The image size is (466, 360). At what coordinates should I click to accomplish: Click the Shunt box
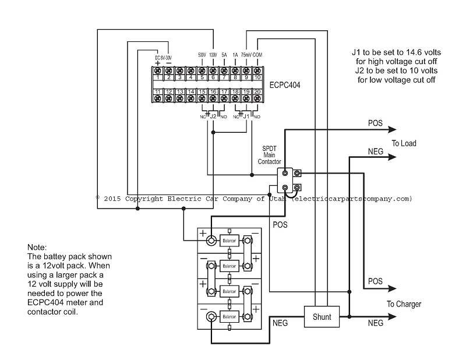pyautogui.click(x=321, y=317)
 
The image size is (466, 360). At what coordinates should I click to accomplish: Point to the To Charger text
pyautogui.click(x=404, y=304)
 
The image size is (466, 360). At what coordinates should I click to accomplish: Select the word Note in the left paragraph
pyautogui.click(x=37, y=248)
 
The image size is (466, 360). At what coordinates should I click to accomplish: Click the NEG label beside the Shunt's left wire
pyautogui.click(x=280, y=321)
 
